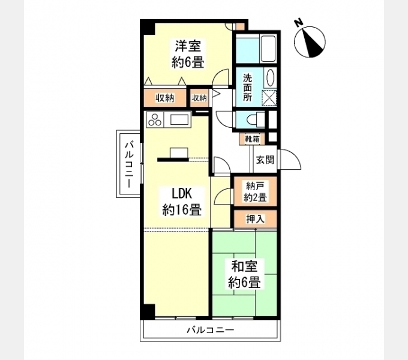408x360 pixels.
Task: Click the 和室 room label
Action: [244, 266]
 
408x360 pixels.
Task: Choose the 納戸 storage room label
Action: [255, 187]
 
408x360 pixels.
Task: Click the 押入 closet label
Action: [255, 219]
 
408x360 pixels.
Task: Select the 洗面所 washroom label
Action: [248, 88]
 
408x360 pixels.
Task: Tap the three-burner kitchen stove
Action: [156, 119]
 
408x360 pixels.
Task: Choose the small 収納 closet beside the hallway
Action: [199, 98]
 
